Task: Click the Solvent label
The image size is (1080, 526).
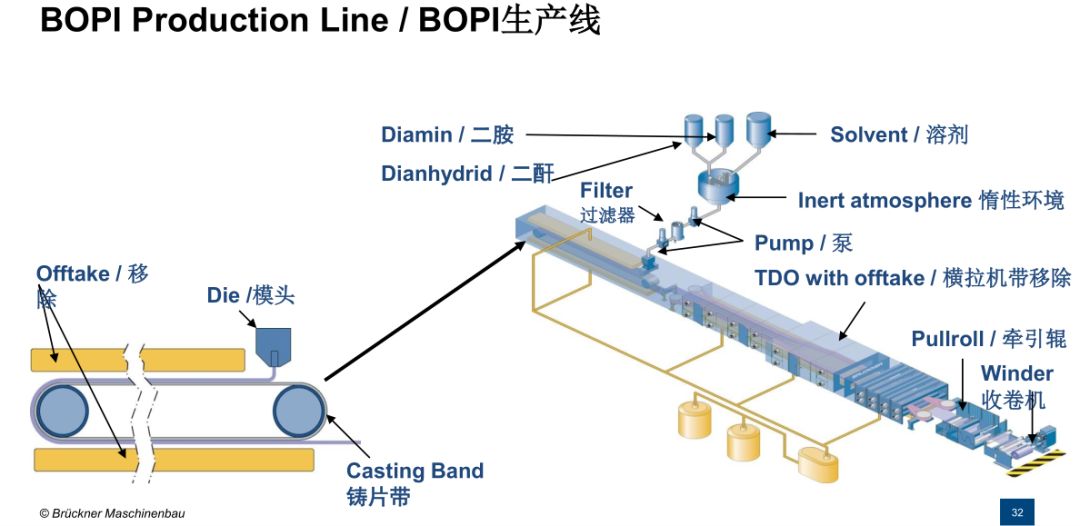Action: click(899, 134)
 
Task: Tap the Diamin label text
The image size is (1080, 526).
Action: click(447, 135)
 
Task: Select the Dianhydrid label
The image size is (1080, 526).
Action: click(467, 173)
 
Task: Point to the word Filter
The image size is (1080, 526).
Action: click(606, 190)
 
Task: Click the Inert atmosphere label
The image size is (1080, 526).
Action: click(931, 201)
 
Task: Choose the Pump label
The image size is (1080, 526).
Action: click(803, 242)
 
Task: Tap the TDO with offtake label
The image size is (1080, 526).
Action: click(913, 278)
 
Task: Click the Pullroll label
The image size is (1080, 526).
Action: click(989, 339)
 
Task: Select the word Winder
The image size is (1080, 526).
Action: click(1017, 374)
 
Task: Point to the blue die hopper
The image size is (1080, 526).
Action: click(273, 346)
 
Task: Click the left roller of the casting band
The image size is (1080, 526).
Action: click(63, 412)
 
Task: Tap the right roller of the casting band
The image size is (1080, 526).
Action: click(298, 412)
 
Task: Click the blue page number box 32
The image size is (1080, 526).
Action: click(1017, 512)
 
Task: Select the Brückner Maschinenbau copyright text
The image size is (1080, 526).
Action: click(112, 514)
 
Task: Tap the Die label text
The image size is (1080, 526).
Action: click(251, 296)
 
